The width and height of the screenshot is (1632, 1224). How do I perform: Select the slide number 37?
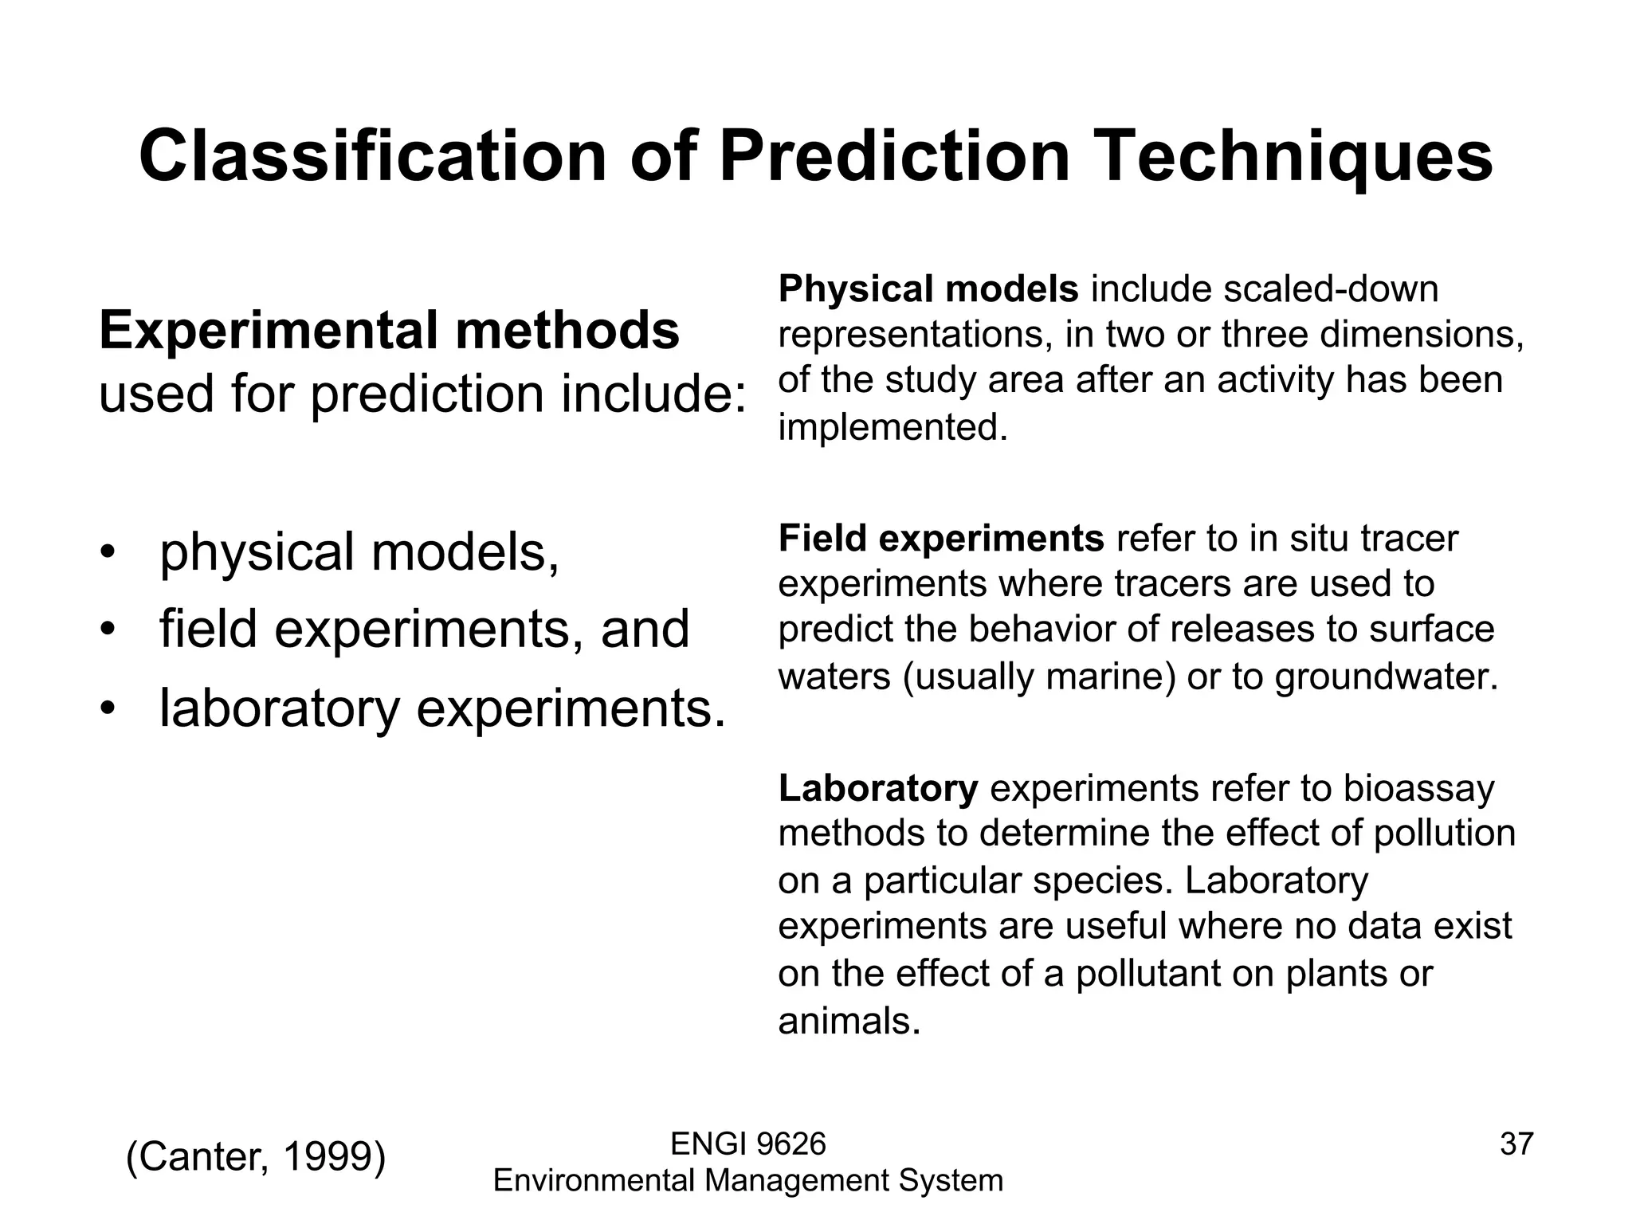(x=1516, y=1144)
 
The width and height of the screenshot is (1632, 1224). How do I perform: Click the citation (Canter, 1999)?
(x=256, y=1156)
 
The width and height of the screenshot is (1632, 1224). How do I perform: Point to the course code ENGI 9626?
(x=748, y=1144)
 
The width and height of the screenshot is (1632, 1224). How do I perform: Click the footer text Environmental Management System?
(x=748, y=1180)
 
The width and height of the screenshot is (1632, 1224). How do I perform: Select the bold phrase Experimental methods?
(x=389, y=331)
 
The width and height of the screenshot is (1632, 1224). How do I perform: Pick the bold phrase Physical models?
(x=928, y=288)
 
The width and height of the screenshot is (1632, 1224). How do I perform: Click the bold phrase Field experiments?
(x=940, y=539)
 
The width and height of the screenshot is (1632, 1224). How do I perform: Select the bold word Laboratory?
(x=877, y=789)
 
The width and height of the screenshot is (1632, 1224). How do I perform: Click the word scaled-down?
(x=1331, y=288)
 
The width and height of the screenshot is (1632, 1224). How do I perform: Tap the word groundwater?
(x=1386, y=677)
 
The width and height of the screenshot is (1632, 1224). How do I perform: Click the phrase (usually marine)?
(x=1039, y=677)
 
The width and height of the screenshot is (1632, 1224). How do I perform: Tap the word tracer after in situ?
(x=1408, y=539)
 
